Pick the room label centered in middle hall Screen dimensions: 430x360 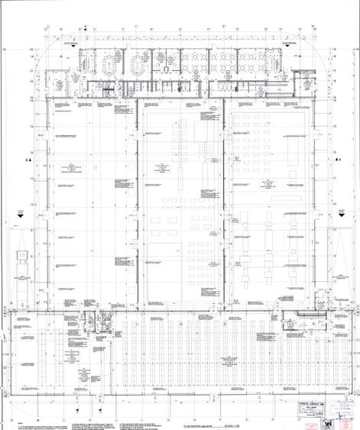[x=162, y=169]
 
